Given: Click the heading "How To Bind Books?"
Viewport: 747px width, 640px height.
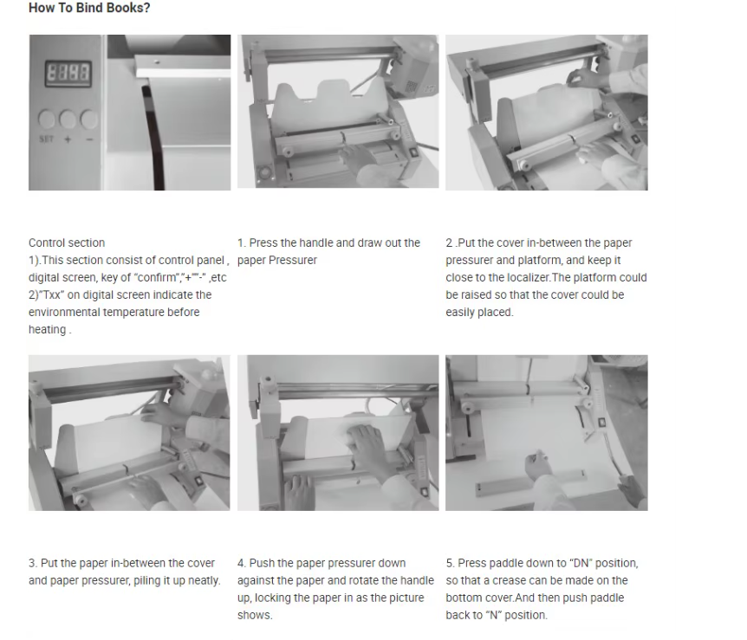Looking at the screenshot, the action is click(89, 8).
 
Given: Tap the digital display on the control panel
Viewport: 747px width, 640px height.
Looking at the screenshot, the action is click(68, 73).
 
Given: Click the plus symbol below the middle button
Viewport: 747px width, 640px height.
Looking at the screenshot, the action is click(68, 139).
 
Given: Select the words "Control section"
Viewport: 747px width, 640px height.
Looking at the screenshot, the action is click(67, 242).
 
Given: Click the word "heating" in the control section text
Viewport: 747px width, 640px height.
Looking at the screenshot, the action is click(47, 329).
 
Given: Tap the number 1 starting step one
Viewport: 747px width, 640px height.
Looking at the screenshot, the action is click(241, 242).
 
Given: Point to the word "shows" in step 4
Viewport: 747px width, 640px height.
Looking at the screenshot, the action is click(254, 615).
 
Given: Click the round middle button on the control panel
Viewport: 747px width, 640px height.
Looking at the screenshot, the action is click(68, 119).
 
